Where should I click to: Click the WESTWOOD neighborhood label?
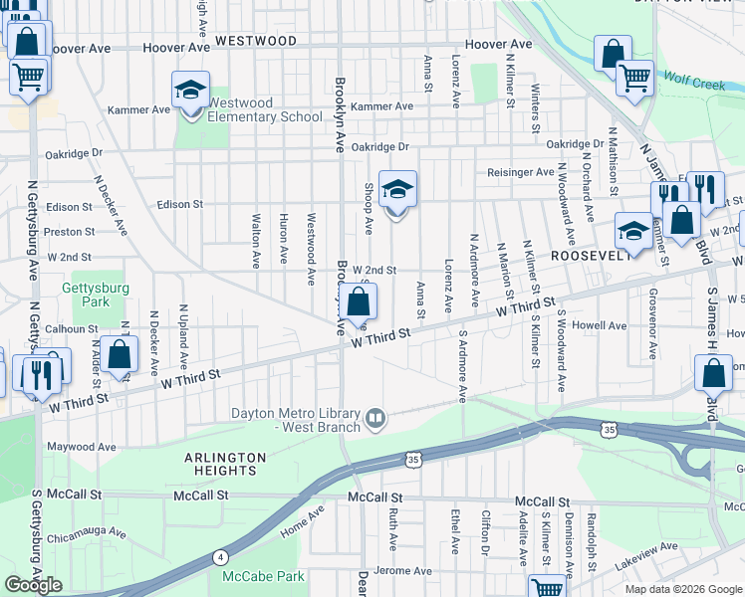point(256,41)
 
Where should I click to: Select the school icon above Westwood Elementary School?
point(189,92)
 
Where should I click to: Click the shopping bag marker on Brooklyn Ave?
point(361,301)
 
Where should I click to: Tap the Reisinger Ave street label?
point(520,172)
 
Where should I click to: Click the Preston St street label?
point(69,232)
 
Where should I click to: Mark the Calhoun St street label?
point(71,328)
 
